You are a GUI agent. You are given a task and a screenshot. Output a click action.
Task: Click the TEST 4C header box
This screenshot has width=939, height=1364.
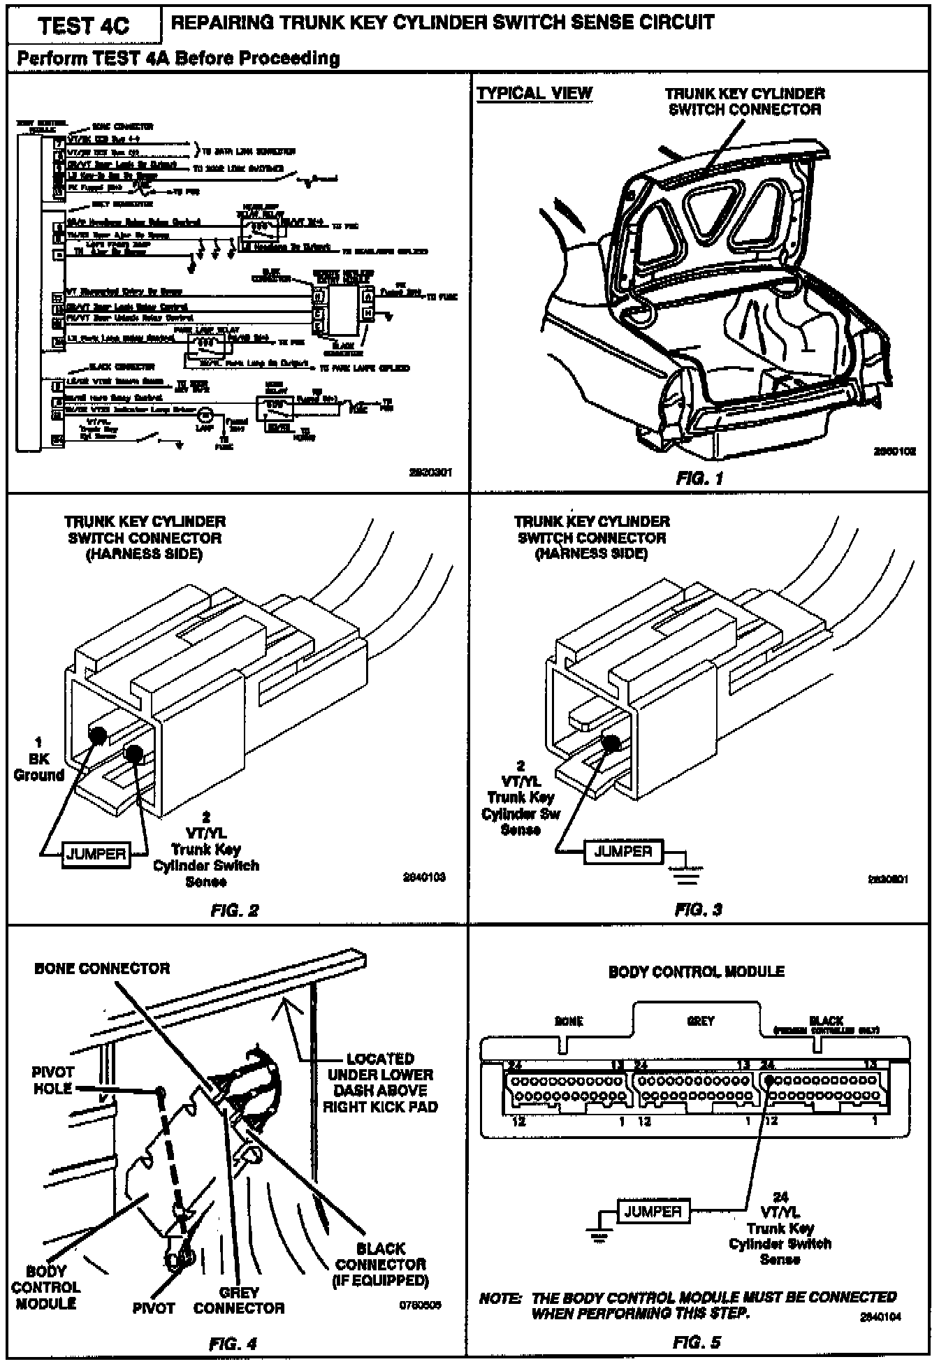[84, 26]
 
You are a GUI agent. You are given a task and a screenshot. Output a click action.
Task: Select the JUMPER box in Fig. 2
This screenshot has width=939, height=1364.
[96, 854]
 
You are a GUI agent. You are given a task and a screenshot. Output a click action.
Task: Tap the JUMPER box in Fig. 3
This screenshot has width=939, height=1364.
[623, 852]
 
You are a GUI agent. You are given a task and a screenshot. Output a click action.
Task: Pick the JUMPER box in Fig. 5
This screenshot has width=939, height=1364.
[653, 1211]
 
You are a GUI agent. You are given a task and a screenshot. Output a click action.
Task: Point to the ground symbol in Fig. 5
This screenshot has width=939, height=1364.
[599, 1235]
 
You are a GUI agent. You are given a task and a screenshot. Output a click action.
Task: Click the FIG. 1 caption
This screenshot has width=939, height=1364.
[699, 479]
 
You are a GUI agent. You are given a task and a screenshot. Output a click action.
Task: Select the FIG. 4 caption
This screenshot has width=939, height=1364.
[233, 1343]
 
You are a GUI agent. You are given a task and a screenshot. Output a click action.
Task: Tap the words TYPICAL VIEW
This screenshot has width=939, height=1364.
[534, 94]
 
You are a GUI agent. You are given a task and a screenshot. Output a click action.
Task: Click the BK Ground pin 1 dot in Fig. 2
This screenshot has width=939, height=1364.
[98, 734]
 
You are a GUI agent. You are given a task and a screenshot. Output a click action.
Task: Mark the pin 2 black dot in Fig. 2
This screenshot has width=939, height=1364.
[133, 753]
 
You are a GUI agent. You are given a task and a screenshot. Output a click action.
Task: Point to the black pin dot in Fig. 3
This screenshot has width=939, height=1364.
[611, 743]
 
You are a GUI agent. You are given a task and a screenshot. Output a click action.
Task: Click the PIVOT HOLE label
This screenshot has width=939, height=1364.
[53, 1080]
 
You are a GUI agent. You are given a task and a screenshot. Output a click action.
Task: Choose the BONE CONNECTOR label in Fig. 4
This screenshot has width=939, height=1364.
[102, 968]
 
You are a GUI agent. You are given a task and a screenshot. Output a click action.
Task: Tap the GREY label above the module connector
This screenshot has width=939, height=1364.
[700, 1021]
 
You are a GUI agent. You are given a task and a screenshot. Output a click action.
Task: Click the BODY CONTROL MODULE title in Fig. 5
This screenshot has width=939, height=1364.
[696, 971]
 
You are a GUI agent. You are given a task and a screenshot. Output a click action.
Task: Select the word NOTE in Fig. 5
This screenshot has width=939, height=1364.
[501, 1298]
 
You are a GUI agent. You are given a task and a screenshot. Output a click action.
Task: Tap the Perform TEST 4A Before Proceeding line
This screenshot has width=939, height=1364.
[178, 59]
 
